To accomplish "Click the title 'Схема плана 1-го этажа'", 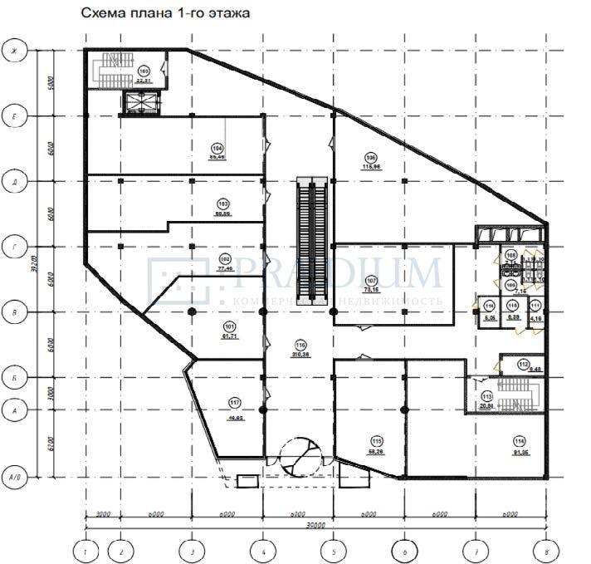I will pyautogui.click(x=163, y=14).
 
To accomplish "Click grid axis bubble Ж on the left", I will pyautogui.click(x=13, y=51).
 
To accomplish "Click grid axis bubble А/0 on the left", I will pyautogui.click(x=13, y=477).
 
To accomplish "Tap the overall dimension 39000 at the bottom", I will pyautogui.click(x=316, y=526).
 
